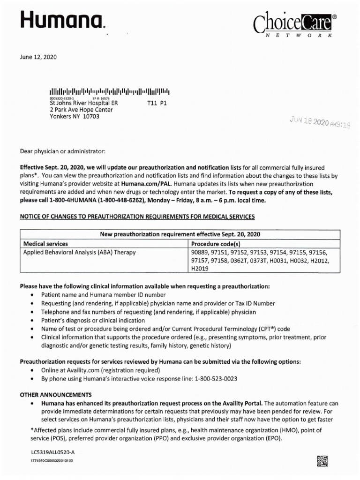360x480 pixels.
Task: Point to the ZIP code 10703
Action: point(90,117)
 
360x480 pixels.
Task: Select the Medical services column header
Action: point(45,244)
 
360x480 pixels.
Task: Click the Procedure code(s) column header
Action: point(216,244)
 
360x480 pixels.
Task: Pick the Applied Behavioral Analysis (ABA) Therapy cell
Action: point(80,252)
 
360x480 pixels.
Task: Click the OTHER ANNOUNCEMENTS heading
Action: point(56,395)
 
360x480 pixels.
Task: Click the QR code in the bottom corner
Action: point(322,461)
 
